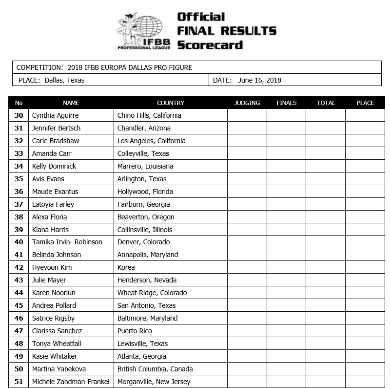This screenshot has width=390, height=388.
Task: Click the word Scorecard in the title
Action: tap(210, 45)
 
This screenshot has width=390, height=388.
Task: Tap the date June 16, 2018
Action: tap(260, 80)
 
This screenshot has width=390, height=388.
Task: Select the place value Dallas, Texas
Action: tap(64, 80)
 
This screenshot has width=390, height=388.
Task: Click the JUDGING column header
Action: tap(247, 103)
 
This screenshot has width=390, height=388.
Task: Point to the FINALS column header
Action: tap(287, 103)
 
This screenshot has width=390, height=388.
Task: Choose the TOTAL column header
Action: tap(326, 103)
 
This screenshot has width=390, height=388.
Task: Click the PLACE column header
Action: tap(365, 103)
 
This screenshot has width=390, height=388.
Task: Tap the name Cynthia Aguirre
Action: tap(55, 115)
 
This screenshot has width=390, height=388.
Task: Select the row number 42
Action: tap(19, 267)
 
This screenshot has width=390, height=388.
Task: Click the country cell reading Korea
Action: tap(126, 267)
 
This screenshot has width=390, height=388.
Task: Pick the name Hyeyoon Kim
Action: tap(52, 267)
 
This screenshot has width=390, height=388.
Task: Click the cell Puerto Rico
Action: tap(135, 331)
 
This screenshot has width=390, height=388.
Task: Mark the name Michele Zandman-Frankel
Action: tap(71, 382)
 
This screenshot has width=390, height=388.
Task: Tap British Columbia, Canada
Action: tap(155, 369)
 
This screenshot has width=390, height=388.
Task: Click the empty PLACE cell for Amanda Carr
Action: tap(365, 153)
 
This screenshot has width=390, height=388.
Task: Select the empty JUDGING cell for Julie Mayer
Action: tap(247, 280)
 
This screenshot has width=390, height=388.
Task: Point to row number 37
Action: tap(19, 204)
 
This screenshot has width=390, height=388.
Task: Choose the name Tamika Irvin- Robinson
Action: tap(67, 242)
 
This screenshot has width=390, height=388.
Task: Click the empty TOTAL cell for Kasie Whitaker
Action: tap(326, 356)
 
